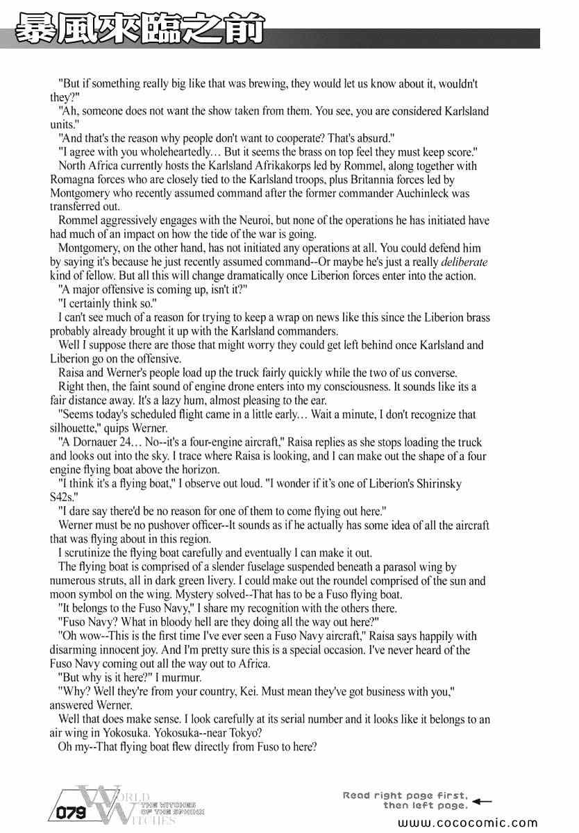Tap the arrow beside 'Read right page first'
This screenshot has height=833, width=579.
[x=481, y=800]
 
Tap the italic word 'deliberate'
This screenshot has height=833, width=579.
[x=463, y=262]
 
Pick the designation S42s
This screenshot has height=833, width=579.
[x=64, y=497]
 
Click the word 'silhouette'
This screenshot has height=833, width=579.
[x=75, y=428]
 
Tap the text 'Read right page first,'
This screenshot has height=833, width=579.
[x=405, y=796]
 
